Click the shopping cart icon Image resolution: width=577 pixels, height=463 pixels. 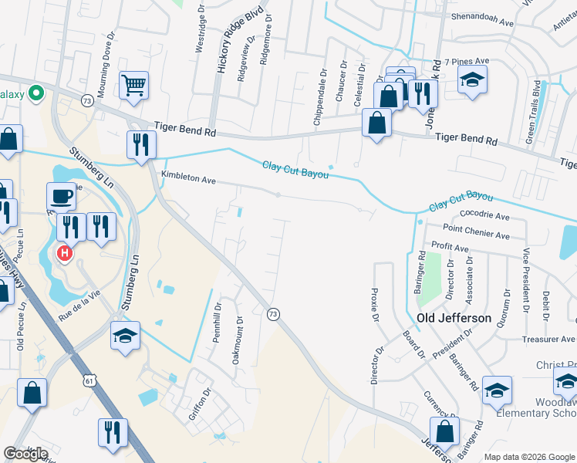click(x=134, y=85)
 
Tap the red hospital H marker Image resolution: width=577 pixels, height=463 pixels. click(x=66, y=252)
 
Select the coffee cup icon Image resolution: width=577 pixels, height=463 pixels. click(x=61, y=196)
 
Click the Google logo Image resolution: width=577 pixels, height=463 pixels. click(x=25, y=454)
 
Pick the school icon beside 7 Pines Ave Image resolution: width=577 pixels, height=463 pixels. click(x=472, y=79)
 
